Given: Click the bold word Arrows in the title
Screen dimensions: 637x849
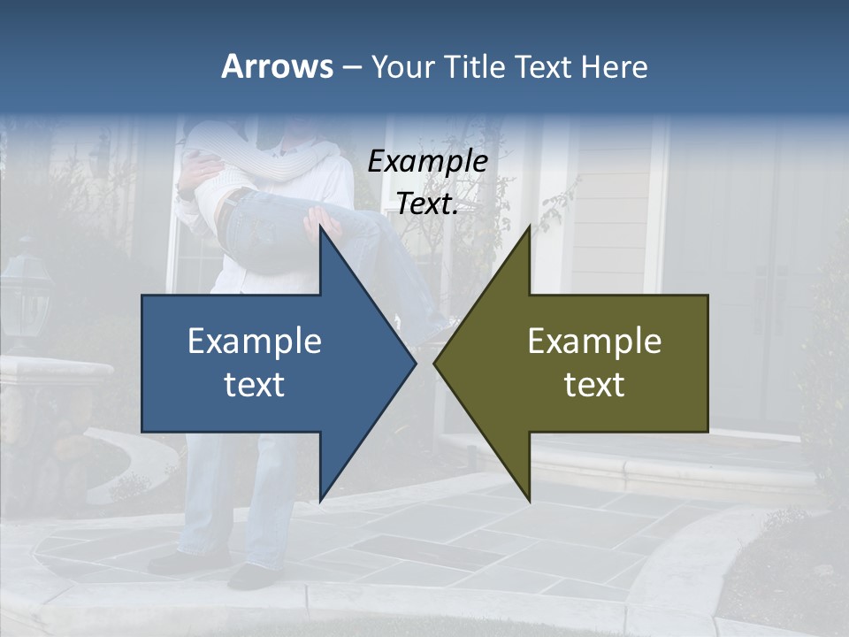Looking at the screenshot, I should [278, 66].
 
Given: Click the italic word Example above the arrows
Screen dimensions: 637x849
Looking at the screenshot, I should [427, 162].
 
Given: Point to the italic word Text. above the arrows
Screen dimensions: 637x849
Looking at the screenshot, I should [427, 204].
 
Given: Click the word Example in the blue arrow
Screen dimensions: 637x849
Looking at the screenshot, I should [255, 342].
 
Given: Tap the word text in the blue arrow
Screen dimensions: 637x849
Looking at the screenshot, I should [255, 385].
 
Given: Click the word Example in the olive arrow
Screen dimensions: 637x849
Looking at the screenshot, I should [594, 342].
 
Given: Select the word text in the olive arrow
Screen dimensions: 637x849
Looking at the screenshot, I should [594, 385].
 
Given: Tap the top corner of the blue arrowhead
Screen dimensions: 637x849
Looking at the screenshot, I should [320, 226].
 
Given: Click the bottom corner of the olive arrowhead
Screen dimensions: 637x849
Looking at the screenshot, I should [529, 501].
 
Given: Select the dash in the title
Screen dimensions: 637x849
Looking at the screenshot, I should [351, 67].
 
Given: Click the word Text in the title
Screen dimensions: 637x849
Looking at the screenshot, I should [543, 67].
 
